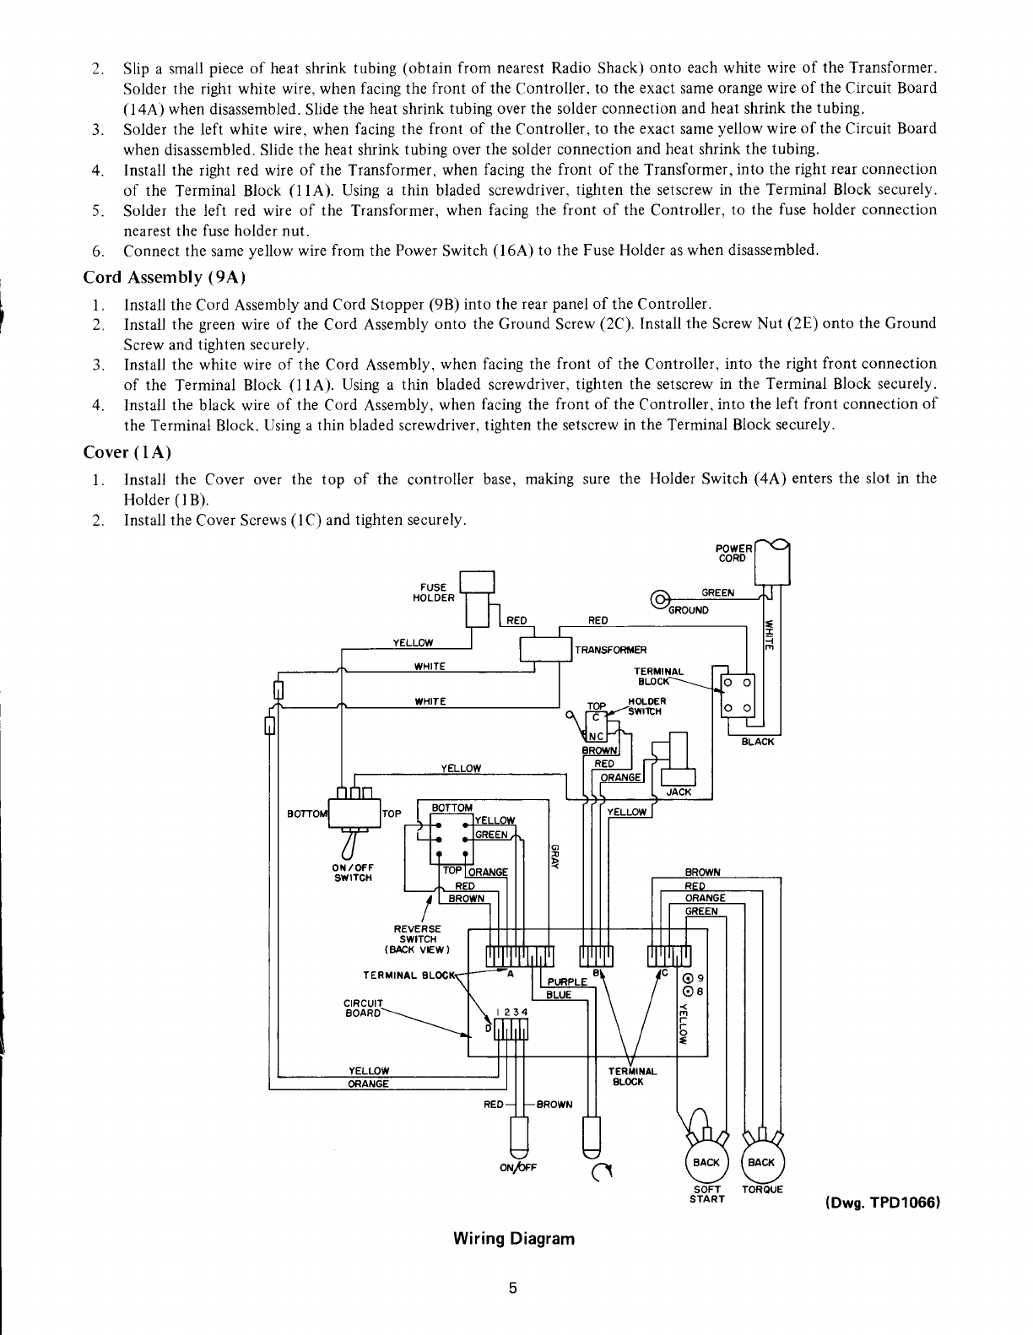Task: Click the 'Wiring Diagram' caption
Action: pos(513,1239)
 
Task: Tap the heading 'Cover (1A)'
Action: pos(127,452)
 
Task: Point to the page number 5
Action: pos(512,1288)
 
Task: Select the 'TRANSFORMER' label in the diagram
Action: pos(610,650)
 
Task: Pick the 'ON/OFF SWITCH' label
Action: pos(354,872)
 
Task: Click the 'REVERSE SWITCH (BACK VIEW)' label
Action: pos(418,938)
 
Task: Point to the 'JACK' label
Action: pos(679,792)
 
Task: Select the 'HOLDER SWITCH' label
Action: pos(648,705)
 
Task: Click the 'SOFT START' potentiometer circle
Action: pos(706,1162)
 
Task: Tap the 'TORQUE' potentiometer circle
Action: pos(761,1162)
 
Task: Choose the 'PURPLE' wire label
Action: pos(566,981)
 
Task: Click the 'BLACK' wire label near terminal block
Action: pos(756,742)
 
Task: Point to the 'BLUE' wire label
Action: pos(559,995)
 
